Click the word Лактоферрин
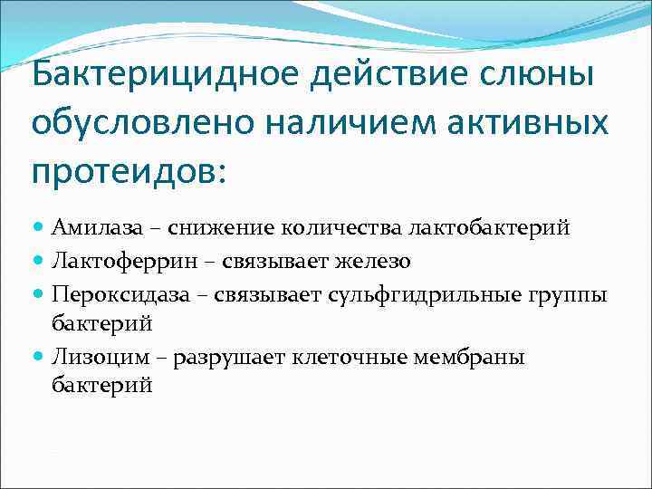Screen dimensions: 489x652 pyautogui.click(x=110, y=262)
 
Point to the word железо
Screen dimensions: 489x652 pyautogui.click(x=374, y=262)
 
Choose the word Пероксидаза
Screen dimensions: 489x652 pyautogui.click(x=111, y=295)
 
